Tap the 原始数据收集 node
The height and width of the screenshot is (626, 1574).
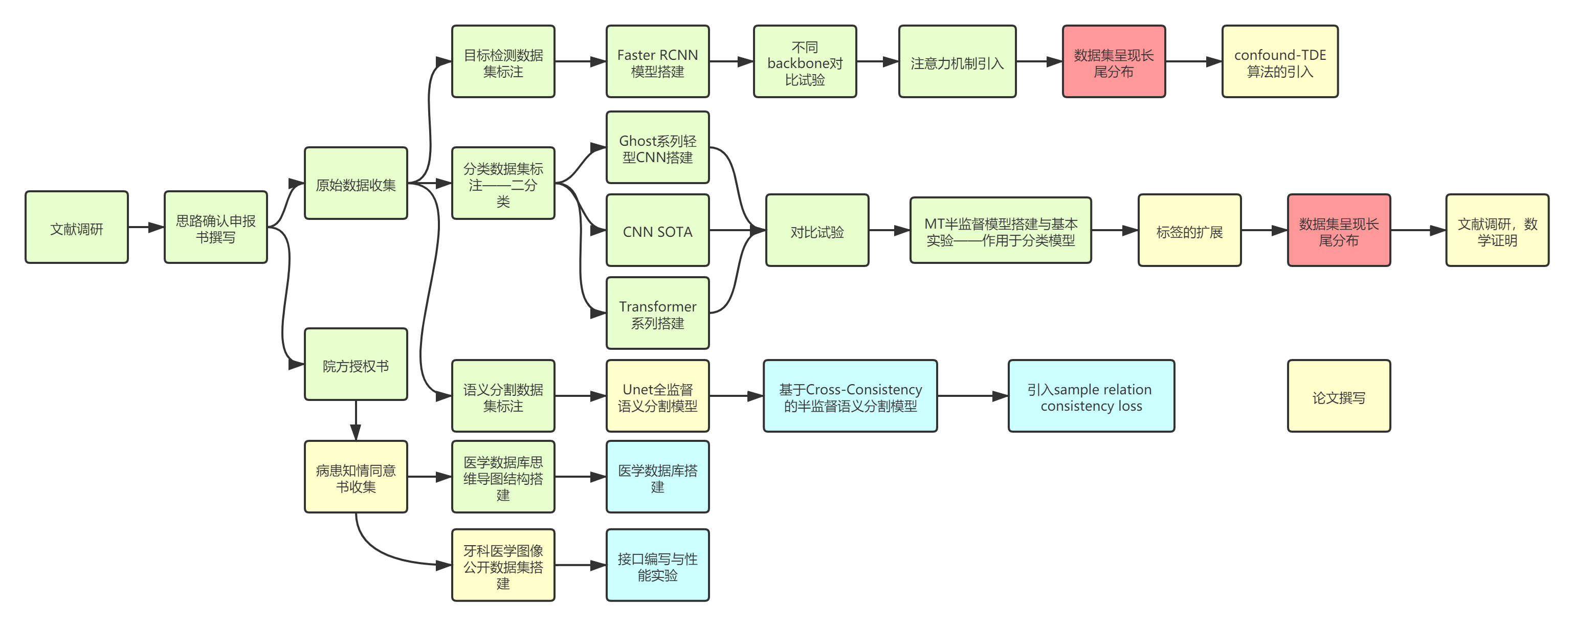pyautogui.click(x=356, y=183)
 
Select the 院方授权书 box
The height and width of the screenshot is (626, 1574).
pyautogui.click(x=356, y=365)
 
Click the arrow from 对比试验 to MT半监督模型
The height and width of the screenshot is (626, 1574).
pyautogui.click(x=889, y=230)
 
